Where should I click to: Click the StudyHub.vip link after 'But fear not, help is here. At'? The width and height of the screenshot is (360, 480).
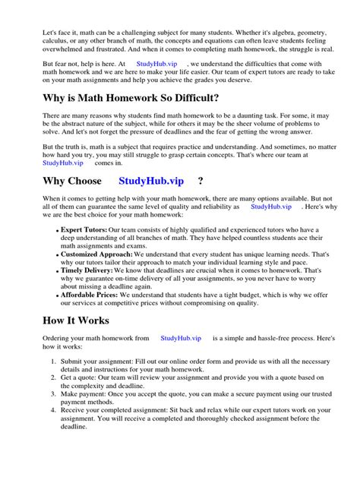[156, 65]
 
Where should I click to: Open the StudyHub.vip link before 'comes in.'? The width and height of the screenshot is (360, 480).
[60, 163]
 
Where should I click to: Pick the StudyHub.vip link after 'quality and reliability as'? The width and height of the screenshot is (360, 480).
[270, 207]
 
